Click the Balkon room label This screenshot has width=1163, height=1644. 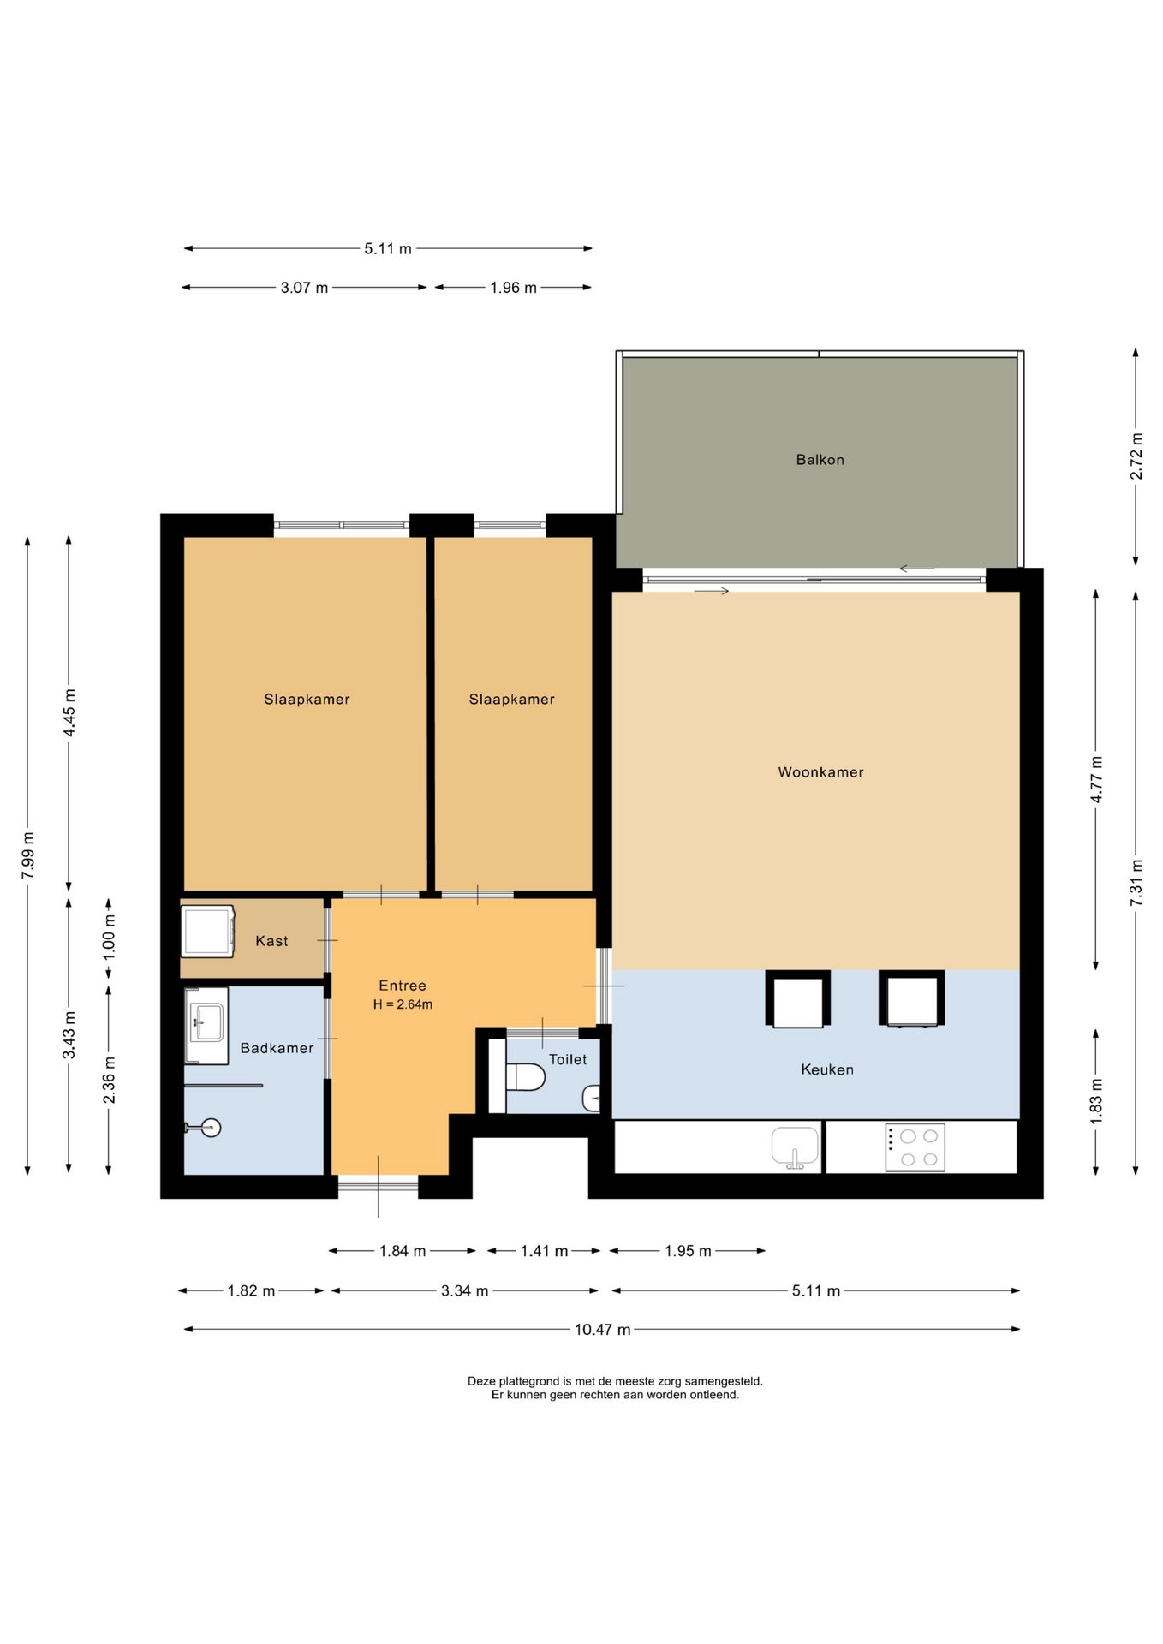click(820, 460)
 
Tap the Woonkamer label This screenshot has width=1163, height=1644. click(820, 772)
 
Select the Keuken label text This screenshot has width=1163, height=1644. click(826, 1069)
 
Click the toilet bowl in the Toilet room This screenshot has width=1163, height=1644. click(525, 1076)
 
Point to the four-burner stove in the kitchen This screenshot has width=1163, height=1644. click(915, 1147)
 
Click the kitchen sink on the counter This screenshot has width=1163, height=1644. click(795, 1147)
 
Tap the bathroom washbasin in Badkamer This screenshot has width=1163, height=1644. click(206, 1025)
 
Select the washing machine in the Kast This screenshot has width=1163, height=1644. click(207, 931)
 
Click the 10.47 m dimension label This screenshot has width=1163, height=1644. click(602, 1330)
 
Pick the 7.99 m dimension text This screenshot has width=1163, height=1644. click(28, 855)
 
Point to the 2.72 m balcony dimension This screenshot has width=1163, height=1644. click(1136, 456)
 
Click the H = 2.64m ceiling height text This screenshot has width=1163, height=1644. click(403, 1004)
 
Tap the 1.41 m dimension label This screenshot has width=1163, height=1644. click(544, 1251)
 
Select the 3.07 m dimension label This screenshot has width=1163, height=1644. click(304, 288)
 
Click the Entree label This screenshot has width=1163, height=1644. click(403, 986)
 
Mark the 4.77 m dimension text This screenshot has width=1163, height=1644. click(1096, 779)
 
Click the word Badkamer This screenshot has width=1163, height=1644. click(277, 1048)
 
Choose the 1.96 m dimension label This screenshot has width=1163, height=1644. click(513, 288)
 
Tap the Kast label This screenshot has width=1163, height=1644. click(271, 941)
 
